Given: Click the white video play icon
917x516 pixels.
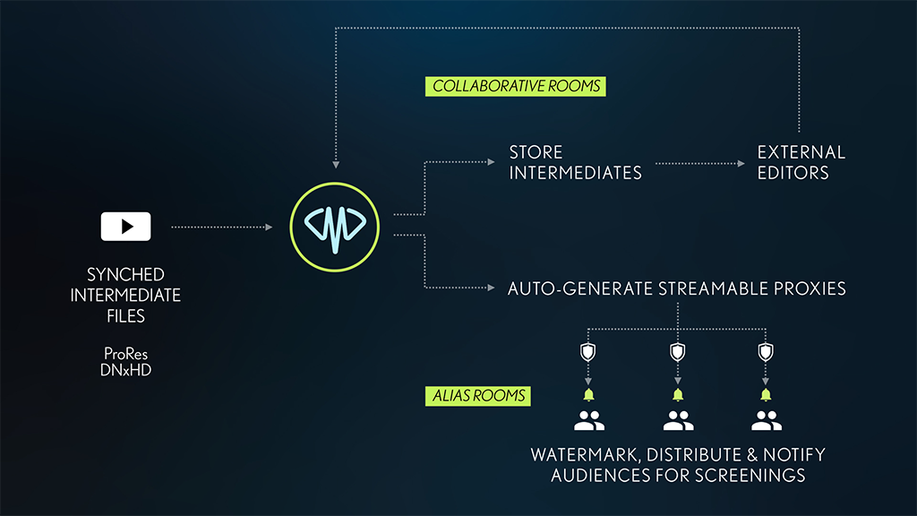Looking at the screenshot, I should click(x=125, y=227).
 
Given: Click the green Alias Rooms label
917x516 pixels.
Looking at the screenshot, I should click(x=476, y=395).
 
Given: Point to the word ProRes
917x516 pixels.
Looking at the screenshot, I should click(x=125, y=353).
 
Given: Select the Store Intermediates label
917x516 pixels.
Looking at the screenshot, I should click(x=575, y=162).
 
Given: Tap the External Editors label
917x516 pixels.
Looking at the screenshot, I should click(x=801, y=162).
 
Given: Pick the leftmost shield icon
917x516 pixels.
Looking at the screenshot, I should click(x=589, y=351).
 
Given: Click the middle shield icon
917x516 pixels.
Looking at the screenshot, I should click(x=678, y=351).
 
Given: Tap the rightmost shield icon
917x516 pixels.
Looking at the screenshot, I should click(x=765, y=351).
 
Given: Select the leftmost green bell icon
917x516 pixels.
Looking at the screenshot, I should click(x=589, y=394).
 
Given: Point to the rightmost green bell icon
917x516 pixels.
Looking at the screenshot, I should click(x=765, y=394).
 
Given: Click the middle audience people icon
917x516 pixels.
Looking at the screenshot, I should click(x=678, y=420).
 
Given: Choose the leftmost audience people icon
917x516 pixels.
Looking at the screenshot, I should click(x=589, y=420).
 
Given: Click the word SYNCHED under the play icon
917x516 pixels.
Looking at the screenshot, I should click(x=125, y=274).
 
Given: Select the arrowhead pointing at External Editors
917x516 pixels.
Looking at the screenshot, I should click(x=741, y=164).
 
